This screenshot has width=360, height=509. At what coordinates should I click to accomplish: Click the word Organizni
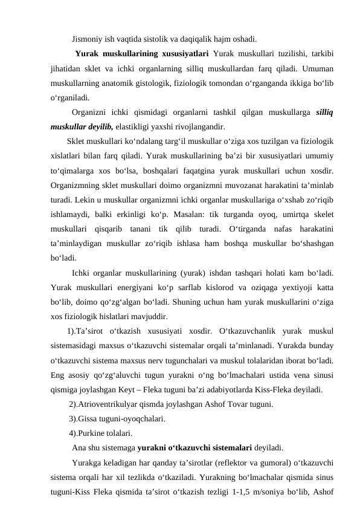click(91, 112)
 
